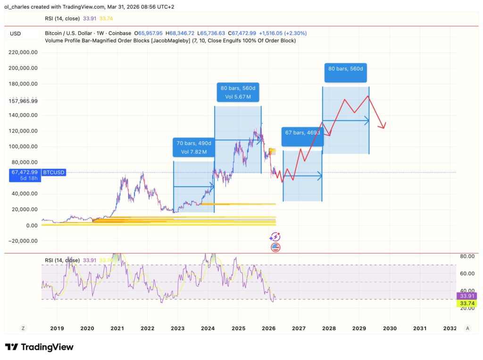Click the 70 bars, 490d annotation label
point(194,147)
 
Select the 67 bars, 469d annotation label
point(302,137)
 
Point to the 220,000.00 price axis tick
point(23,52)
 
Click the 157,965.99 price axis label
point(23,100)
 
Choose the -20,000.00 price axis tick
point(23,241)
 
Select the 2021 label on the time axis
point(117,328)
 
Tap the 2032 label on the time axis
point(450,328)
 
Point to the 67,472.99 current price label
point(24,172)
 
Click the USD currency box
point(16,33)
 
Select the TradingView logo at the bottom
point(39,347)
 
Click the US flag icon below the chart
point(275,247)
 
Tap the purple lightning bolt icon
point(275,237)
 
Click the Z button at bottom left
point(22,328)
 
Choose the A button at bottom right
point(467,328)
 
